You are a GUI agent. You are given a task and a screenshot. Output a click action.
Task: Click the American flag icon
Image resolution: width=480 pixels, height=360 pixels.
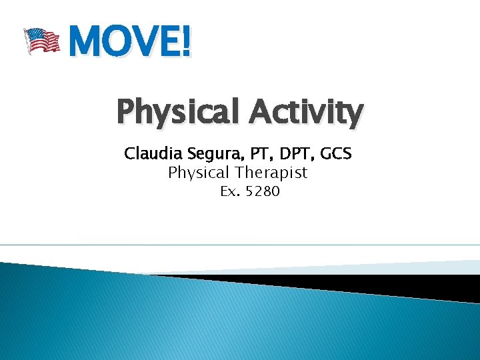click(x=41, y=40)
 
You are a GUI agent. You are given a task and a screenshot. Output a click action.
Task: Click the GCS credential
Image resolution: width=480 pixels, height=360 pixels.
click(x=335, y=154)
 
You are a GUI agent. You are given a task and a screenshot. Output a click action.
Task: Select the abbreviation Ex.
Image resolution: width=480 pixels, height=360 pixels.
click(x=231, y=192)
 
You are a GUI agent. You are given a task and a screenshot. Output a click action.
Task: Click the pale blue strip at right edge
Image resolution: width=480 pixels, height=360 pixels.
click(x=460, y=267)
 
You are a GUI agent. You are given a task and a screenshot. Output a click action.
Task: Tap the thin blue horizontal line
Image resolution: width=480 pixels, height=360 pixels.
click(x=240, y=245)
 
